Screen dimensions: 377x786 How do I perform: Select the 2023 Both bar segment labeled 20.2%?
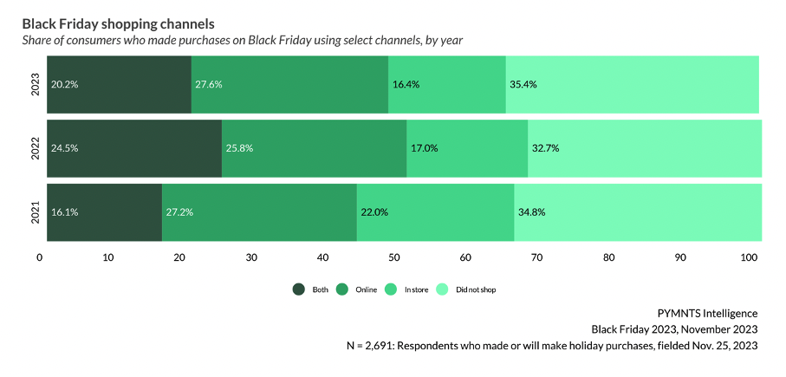click(119, 84)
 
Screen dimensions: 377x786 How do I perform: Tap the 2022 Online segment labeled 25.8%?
click(314, 148)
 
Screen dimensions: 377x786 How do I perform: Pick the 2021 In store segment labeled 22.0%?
click(435, 212)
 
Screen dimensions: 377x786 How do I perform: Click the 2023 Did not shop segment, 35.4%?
click(633, 84)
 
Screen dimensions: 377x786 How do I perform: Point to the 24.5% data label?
click(65, 148)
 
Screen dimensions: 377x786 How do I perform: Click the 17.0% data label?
click(425, 148)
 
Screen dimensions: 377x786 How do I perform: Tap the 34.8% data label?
click(532, 212)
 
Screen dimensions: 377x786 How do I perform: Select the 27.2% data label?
click(179, 212)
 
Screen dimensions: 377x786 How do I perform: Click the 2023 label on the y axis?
click(35, 84)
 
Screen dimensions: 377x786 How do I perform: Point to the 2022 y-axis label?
click(35, 148)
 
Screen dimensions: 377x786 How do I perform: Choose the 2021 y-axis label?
click(35, 212)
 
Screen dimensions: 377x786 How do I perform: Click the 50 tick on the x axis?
click(395, 257)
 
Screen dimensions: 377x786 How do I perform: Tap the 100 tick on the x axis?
click(750, 257)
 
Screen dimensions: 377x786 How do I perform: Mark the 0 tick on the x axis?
click(40, 257)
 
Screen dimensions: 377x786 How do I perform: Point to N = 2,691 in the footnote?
click(372, 346)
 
